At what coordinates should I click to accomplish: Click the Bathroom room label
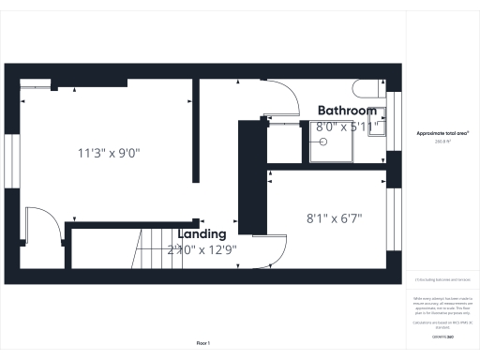[349, 110]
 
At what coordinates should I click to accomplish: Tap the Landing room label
[202, 233]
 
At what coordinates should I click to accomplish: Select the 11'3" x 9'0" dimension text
[114, 152]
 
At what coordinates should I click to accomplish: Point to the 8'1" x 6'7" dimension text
[335, 218]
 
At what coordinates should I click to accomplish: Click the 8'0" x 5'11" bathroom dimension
[347, 126]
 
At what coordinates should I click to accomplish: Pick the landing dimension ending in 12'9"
[202, 249]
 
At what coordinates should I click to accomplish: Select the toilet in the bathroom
[367, 90]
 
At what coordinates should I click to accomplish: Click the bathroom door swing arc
[286, 98]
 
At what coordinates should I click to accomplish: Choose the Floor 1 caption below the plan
[202, 344]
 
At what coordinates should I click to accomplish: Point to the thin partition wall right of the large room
[196, 131]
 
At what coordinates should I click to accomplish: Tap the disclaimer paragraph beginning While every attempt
[442, 307]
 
